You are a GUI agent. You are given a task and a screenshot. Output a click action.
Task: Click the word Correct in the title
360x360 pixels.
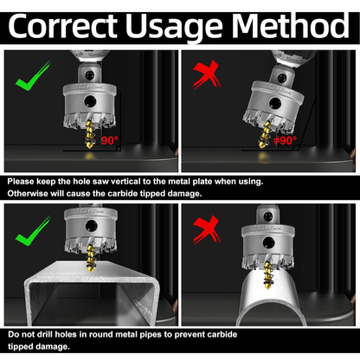click(x=62, y=26)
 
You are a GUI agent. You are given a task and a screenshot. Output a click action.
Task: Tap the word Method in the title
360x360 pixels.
click(x=290, y=25)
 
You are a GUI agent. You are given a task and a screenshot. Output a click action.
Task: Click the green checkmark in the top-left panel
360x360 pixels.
click(x=33, y=76)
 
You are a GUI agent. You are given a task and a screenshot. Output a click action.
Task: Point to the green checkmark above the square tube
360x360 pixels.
click(x=33, y=231)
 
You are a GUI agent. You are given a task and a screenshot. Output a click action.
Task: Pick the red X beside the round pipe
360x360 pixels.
click(x=206, y=229)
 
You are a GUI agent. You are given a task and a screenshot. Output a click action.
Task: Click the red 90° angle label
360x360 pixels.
click(x=110, y=140)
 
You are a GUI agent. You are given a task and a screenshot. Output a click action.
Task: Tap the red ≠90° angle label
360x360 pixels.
click(x=285, y=140)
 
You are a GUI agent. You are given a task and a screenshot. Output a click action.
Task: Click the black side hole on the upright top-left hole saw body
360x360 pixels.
click(x=90, y=101)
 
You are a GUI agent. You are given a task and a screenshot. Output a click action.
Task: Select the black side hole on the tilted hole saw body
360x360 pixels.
click(x=275, y=103)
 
